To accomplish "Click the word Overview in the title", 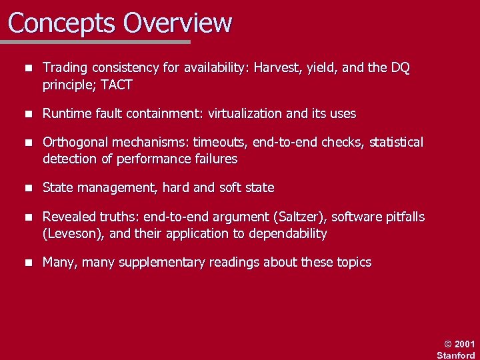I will pos(177,23).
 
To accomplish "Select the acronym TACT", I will pos(116,85).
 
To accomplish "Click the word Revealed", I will pos(69,217).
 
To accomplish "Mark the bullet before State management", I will pos(27,188).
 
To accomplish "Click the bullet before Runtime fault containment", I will pos(27,114).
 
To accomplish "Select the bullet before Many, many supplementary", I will pos(27,263).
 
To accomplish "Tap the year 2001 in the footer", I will pos(465,344).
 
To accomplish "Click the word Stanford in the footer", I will pos(456,355).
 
